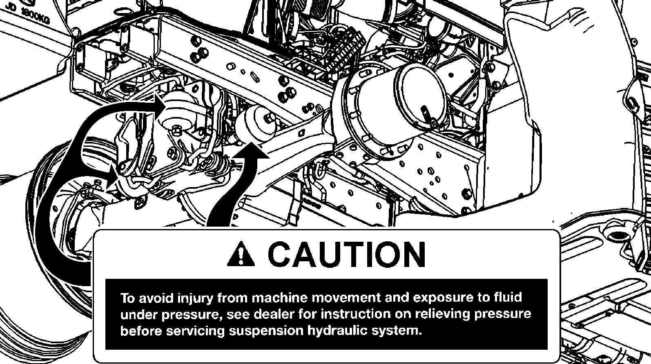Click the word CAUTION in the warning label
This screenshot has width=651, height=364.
346,254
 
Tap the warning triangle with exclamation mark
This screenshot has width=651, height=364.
241,254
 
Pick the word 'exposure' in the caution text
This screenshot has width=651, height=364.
443,298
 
